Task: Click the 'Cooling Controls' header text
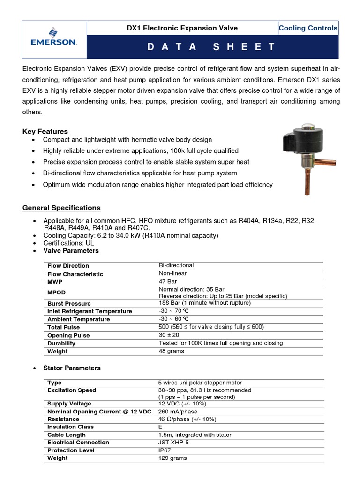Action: pos(307,28)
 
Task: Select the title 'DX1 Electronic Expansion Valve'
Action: pos(182,28)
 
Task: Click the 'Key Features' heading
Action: pos(45,131)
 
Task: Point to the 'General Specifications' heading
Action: pos(61,208)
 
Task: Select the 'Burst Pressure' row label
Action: pos(69,304)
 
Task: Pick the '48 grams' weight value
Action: pos(172,351)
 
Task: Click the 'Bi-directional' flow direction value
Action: pos(176,265)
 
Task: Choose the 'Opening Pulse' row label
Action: pos(68,335)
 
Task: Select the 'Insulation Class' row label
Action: pos(70,427)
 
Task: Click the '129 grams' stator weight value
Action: pos(173,458)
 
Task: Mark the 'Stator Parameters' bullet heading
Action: pos(72,368)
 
